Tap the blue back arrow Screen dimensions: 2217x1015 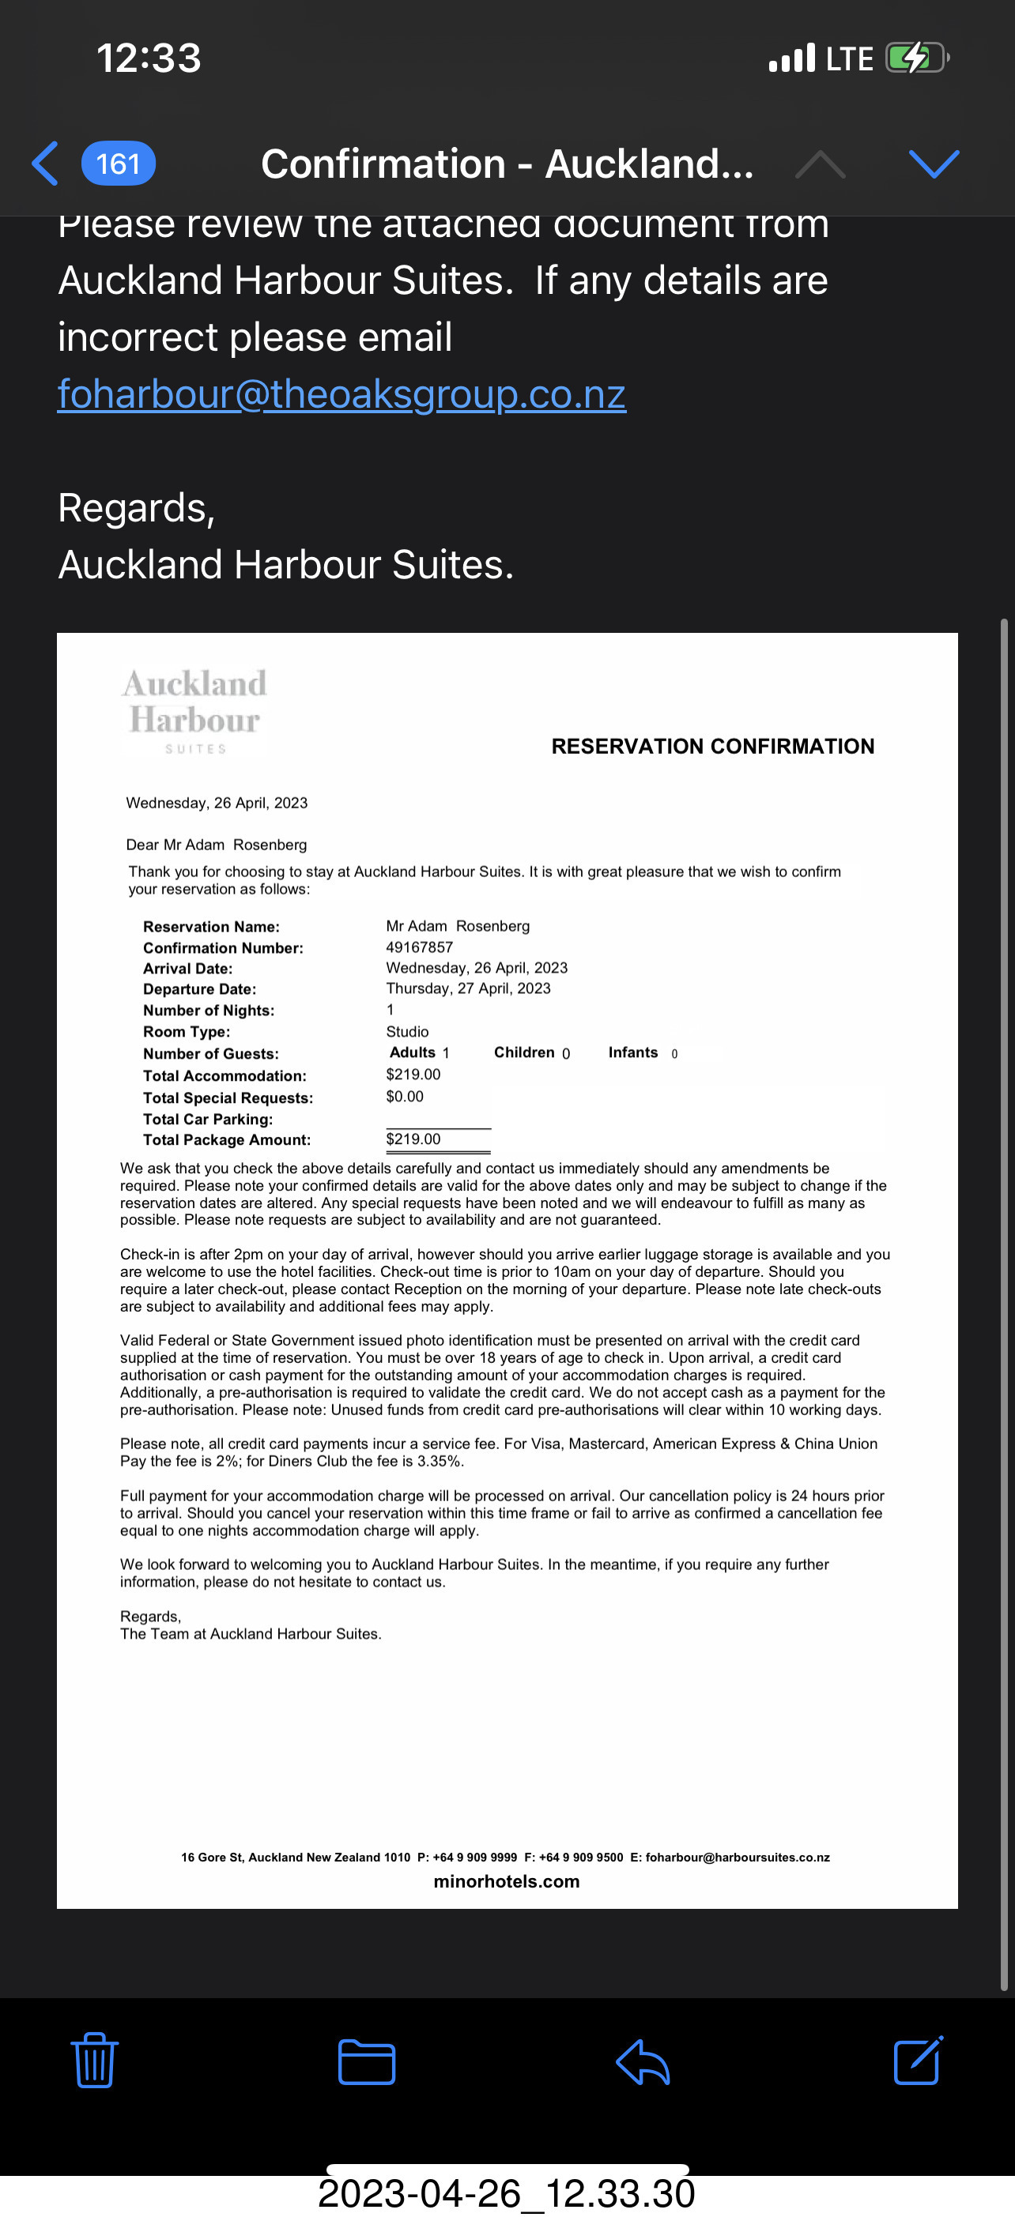[x=46, y=164]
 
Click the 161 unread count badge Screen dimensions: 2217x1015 [x=118, y=164]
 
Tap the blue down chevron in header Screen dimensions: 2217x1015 [x=934, y=164]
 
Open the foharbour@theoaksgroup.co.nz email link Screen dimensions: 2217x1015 [x=341, y=394]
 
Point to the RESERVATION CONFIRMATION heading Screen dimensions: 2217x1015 [x=713, y=746]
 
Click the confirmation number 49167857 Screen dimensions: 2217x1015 [x=419, y=947]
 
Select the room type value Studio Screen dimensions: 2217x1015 [x=407, y=1031]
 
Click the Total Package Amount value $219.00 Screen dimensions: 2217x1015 [x=413, y=1139]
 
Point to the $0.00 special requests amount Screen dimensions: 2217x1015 [x=405, y=1097]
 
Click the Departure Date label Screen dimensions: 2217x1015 [x=200, y=989]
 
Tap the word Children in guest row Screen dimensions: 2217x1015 [x=524, y=1052]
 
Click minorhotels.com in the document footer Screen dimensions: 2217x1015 [x=506, y=1881]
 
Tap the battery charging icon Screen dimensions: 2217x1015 [x=916, y=58]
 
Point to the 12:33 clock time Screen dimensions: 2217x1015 [x=148, y=58]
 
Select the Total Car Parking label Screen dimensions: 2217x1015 [x=207, y=1119]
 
